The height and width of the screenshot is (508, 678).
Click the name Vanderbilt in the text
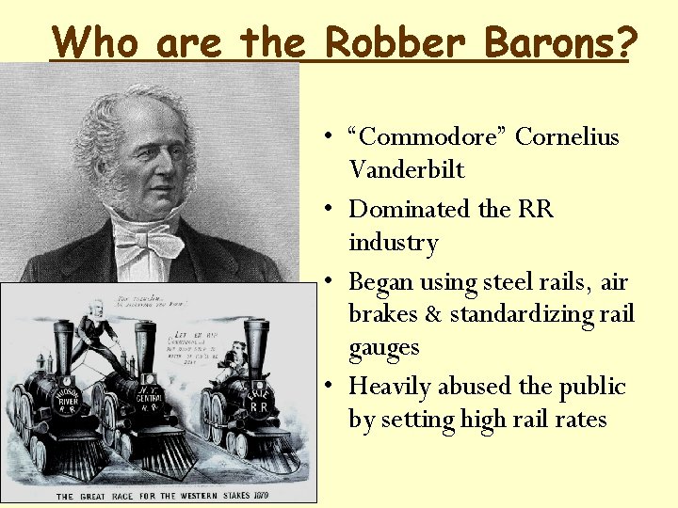(x=407, y=170)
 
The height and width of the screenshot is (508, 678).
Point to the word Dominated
(x=410, y=209)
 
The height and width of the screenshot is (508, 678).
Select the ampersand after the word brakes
(x=433, y=314)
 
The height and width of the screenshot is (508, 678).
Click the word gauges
(x=383, y=348)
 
